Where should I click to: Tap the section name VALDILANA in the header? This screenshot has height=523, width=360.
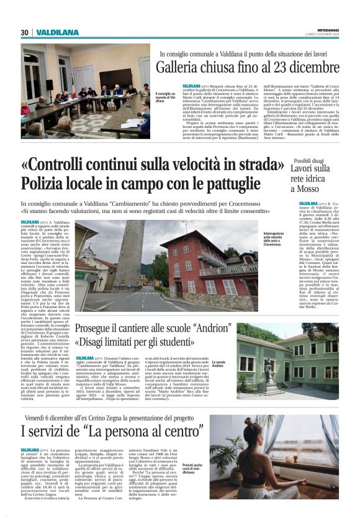click(x=57, y=32)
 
